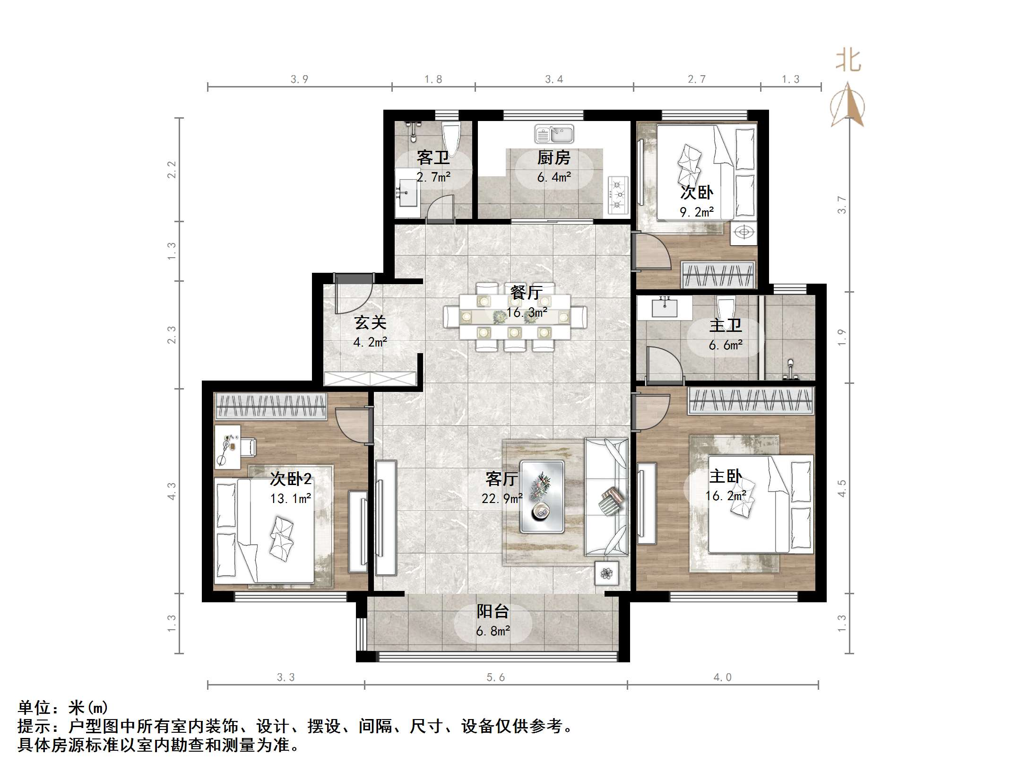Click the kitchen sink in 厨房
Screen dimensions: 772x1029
[554, 134]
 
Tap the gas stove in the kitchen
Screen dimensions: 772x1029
[617, 194]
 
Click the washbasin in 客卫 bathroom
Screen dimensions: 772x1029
[407, 193]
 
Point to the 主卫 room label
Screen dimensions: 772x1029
[726, 325]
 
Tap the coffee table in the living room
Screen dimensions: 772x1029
[542, 496]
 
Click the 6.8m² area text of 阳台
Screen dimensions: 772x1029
[493, 631]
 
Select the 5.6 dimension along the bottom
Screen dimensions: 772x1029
[495, 677]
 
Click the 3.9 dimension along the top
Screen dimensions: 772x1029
[299, 79]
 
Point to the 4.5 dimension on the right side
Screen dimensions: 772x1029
[842, 488]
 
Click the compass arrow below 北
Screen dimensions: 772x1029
[848, 106]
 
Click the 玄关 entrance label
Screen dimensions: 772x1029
[370, 323]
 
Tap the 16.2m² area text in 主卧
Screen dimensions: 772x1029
[726, 495]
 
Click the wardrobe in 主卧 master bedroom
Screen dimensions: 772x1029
[751, 401]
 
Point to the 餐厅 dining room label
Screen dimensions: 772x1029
[526, 293]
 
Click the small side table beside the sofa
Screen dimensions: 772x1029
[606, 574]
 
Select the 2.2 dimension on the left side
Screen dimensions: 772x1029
[172, 169]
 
